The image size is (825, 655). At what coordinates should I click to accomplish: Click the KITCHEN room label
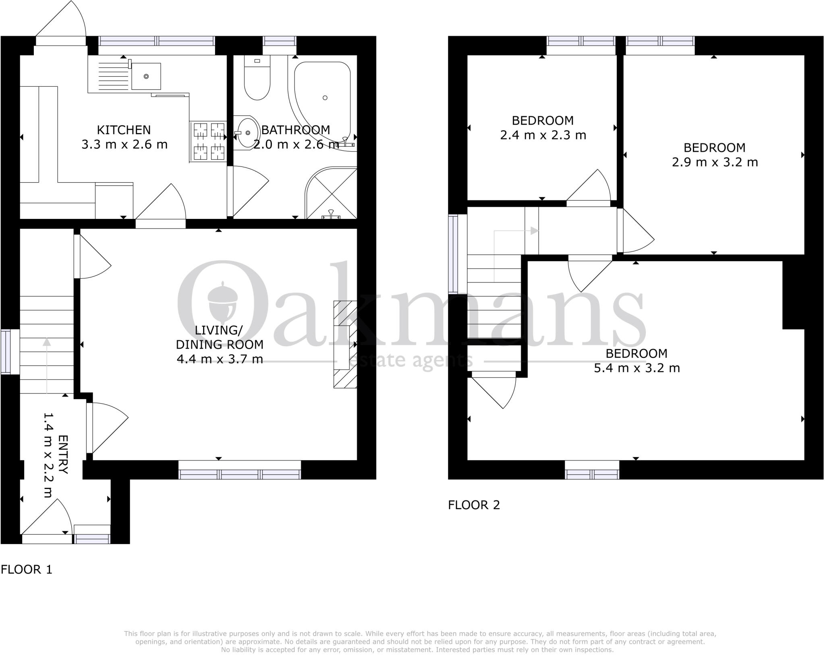pyautogui.click(x=124, y=130)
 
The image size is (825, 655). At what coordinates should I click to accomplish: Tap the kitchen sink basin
pyautogui.click(x=146, y=76)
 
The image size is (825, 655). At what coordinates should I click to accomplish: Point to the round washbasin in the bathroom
pyautogui.click(x=247, y=132)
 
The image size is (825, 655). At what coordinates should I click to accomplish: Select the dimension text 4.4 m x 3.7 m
pyautogui.click(x=220, y=359)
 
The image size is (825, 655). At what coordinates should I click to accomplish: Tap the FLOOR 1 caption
pyautogui.click(x=27, y=570)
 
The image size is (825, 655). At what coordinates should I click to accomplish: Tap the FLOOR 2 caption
pyautogui.click(x=474, y=505)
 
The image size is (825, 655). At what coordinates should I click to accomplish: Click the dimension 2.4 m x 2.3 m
pyautogui.click(x=543, y=135)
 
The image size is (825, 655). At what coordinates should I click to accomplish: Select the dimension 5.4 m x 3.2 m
pyautogui.click(x=636, y=368)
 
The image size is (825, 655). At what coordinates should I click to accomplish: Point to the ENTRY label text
pyautogui.click(x=63, y=454)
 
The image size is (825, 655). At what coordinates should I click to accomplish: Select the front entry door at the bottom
pyautogui.click(x=47, y=538)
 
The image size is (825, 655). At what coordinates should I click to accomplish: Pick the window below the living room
pyautogui.click(x=240, y=474)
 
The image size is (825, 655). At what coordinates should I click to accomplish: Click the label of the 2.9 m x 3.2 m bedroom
pyautogui.click(x=714, y=148)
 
